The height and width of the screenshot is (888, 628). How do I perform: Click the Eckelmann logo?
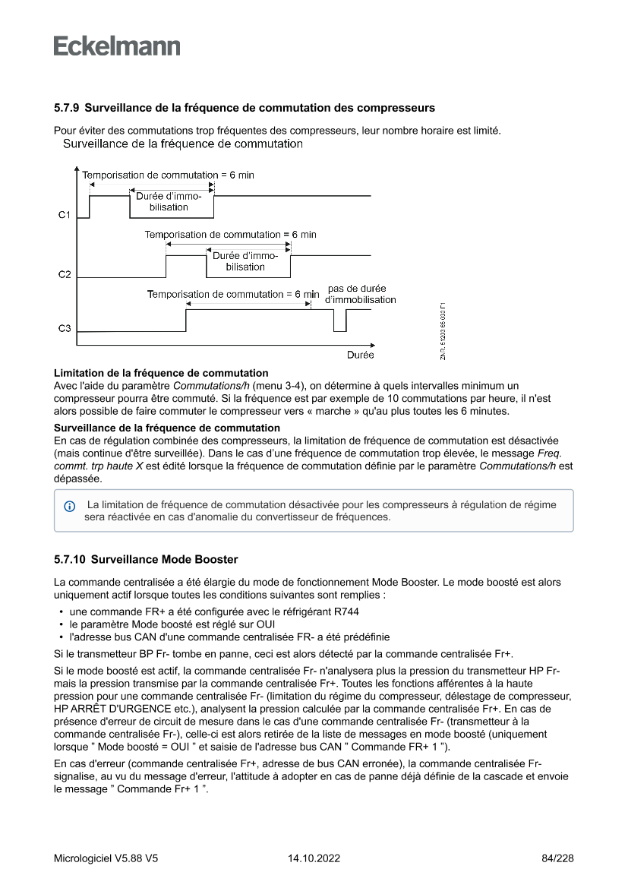tap(117, 46)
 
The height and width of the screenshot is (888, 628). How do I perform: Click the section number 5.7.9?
tap(69, 108)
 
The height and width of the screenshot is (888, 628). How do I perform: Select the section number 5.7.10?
tap(72, 560)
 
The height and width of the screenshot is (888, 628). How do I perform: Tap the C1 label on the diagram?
tap(65, 216)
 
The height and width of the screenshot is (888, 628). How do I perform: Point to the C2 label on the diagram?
tap(65, 273)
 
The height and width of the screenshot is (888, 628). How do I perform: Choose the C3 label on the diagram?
tap(65, 329)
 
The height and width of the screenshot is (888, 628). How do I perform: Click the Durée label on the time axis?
tap(360, 355)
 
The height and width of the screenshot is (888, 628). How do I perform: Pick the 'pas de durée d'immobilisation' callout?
tap(360, 294)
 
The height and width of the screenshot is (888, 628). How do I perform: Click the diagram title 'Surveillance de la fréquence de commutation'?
tap(182, 144)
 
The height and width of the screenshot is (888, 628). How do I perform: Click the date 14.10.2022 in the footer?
tap(314, 858)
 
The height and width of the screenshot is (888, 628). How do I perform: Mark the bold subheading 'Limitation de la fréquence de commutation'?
tap(161, 373)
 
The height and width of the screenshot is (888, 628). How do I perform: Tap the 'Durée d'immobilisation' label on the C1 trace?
tap(169, 201)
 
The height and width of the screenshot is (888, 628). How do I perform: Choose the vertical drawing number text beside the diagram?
tap(443, 332)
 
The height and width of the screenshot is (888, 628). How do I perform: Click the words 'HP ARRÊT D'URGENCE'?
tap(103, 706)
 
